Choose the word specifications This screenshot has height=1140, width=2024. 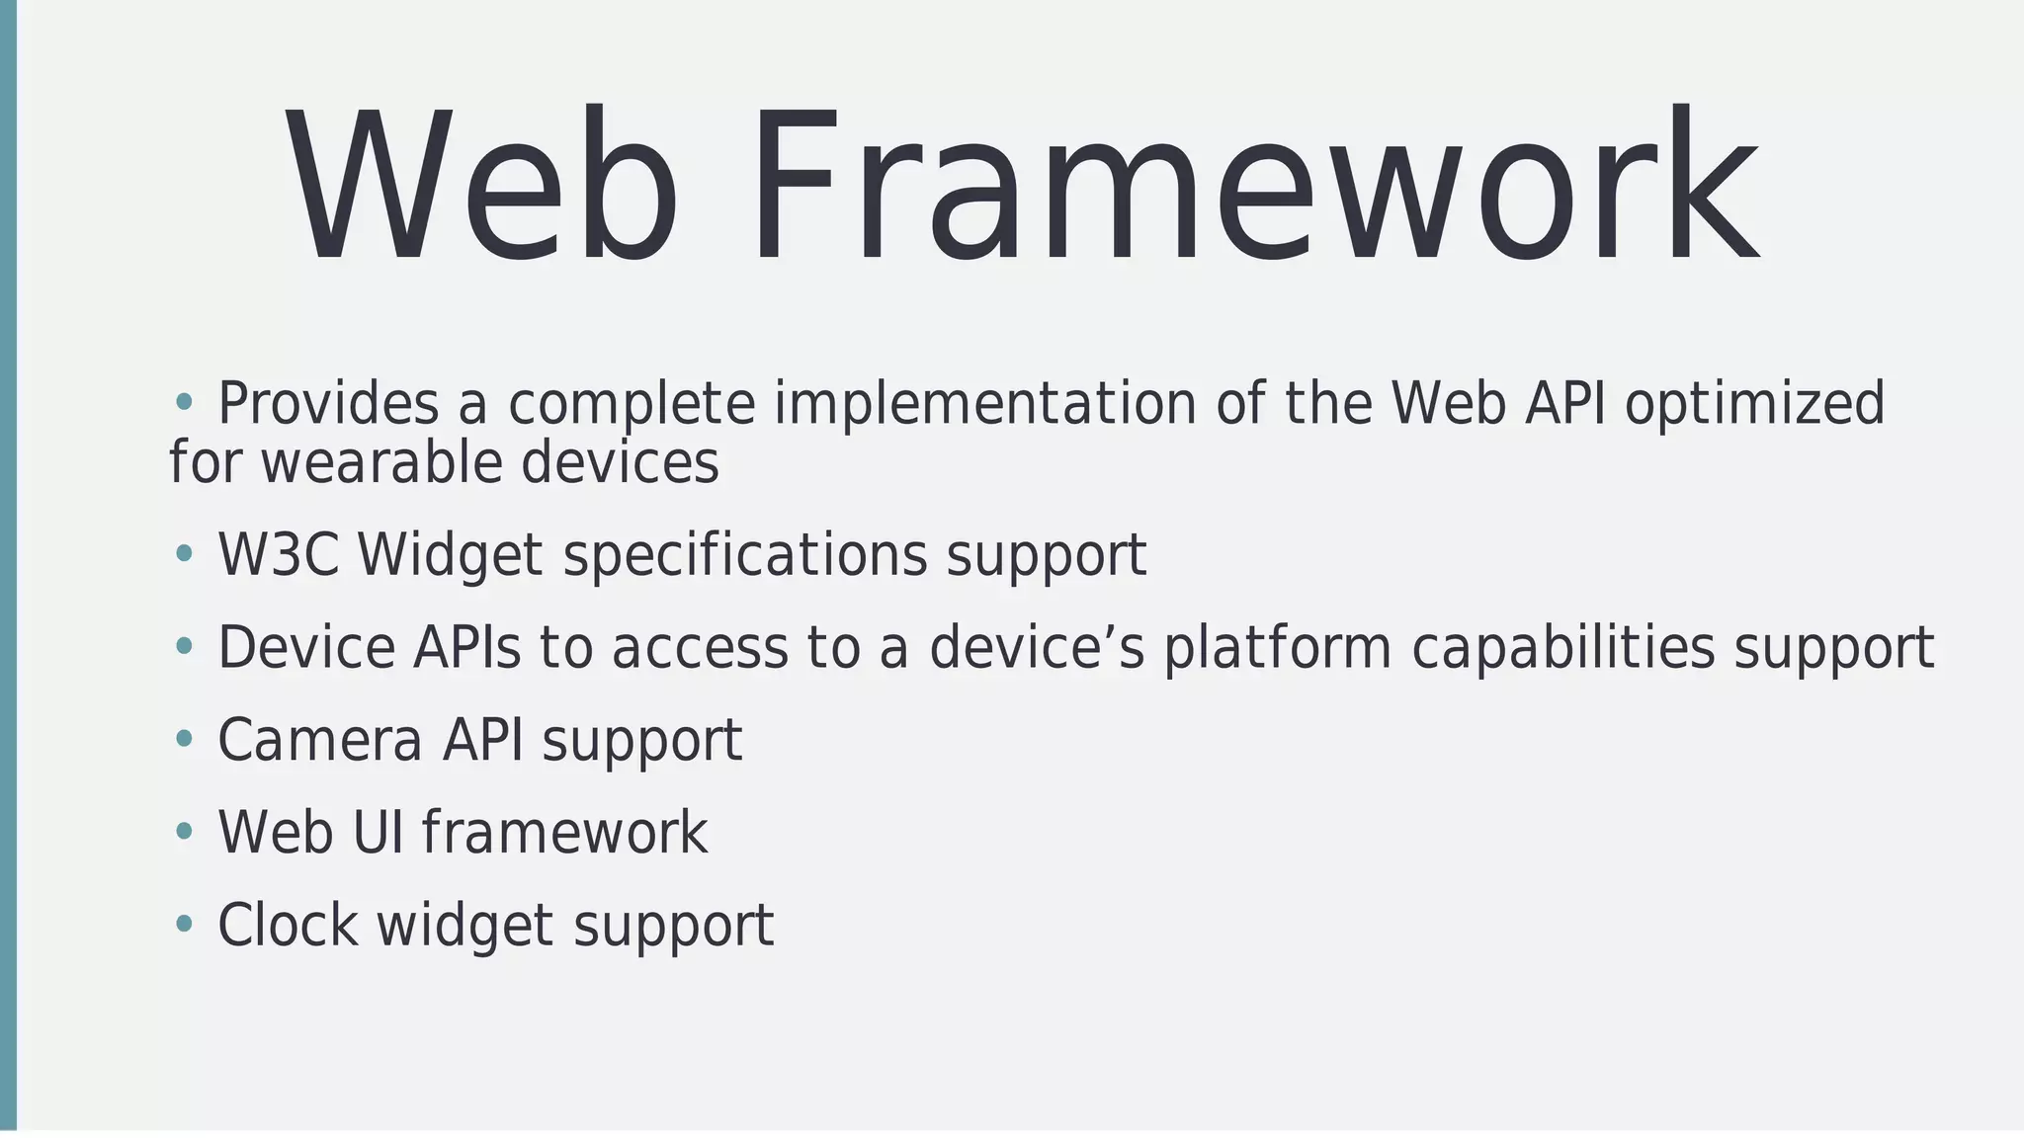point(745,554)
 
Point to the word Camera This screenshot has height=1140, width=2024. point(319,740)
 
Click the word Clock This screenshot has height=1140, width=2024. point(288,925)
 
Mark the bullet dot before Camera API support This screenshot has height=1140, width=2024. point(184,738)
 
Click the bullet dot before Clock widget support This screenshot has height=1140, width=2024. point(184,924)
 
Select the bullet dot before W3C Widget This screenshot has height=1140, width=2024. point(184,553)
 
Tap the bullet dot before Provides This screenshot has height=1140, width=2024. point(184,401)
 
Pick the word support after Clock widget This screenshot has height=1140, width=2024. point(674,927)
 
